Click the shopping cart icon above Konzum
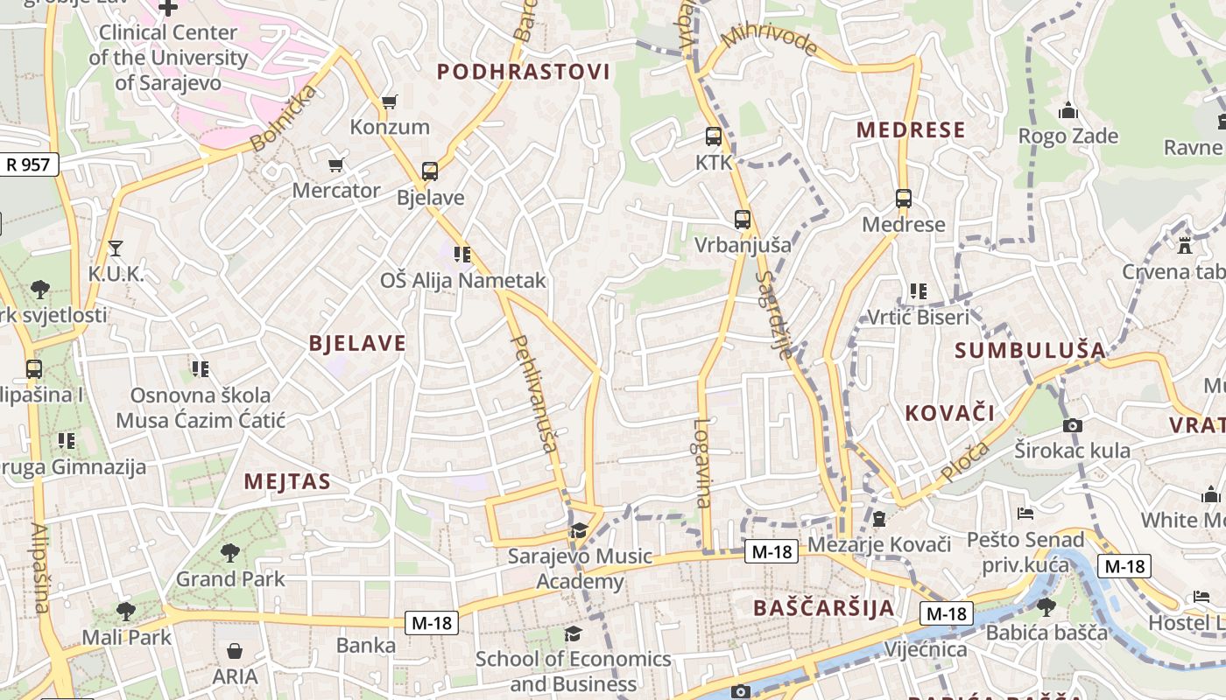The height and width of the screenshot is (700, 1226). click(x=390, y=102)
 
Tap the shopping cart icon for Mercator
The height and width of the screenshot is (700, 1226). click(x=335, y=164)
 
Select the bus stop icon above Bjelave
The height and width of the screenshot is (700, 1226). click(x=429, y=171)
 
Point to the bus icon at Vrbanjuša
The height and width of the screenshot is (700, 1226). click(x=742, y=220)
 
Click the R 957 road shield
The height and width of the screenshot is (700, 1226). click(x=29, y=164)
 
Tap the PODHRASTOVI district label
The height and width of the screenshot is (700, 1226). click(x=523, y=72)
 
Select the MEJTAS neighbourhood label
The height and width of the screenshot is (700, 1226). click(x=287, y=481)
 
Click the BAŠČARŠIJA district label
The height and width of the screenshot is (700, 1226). click(x=823, y=608)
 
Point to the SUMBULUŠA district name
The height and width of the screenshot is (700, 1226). click(x=1030, y=351)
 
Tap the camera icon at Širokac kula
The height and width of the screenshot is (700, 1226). click(x=1072, y=426)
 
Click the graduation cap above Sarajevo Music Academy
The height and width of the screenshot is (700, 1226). click(x=579, y=531)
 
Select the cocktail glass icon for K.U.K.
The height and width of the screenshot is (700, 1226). click(x=115, y=248)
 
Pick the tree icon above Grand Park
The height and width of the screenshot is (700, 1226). click(x=230, y=552)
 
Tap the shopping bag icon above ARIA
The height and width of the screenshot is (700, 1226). click(x=235, y=651)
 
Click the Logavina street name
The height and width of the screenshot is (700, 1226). click(x=702, y=463)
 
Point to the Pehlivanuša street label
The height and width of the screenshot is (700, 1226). click(x=533, y=393)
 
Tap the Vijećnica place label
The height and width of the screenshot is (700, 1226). click(x=926, y=649)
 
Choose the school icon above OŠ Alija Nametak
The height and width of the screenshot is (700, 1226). click(x=462, y=255)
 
